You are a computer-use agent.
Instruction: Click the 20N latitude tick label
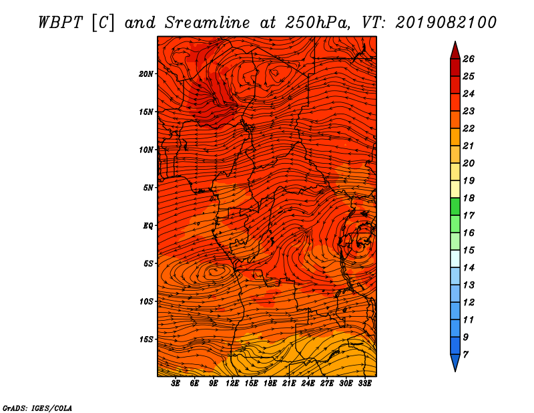146,74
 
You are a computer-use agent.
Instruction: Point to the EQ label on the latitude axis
148,226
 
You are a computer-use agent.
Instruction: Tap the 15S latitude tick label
146,339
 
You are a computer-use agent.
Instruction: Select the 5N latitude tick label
148,188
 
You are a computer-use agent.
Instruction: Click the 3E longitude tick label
176,384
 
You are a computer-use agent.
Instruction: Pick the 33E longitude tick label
364,384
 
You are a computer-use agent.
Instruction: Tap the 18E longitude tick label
270,384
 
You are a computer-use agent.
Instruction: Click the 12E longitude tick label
232,384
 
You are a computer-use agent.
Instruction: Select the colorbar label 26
469,59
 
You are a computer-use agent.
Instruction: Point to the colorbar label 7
466,355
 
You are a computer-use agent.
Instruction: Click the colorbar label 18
469,198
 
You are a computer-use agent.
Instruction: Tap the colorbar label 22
469,128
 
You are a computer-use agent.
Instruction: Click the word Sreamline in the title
208,23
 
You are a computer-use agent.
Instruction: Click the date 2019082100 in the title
446,23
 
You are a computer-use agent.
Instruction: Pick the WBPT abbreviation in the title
61,23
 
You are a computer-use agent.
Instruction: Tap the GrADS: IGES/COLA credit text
37,408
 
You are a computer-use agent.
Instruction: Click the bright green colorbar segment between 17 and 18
455,206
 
